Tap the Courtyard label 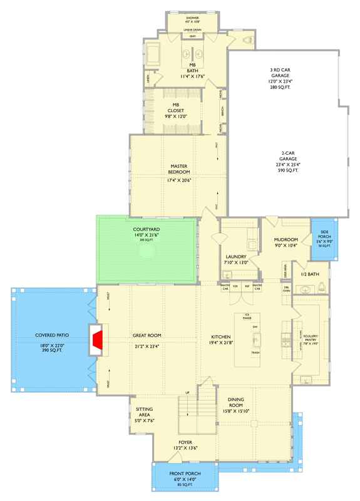click(x=147, y=230)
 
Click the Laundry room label click(x=237, y=257)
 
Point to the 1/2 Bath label click(x=310, y=274)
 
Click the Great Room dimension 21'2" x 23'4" click(x=148, y=346)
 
